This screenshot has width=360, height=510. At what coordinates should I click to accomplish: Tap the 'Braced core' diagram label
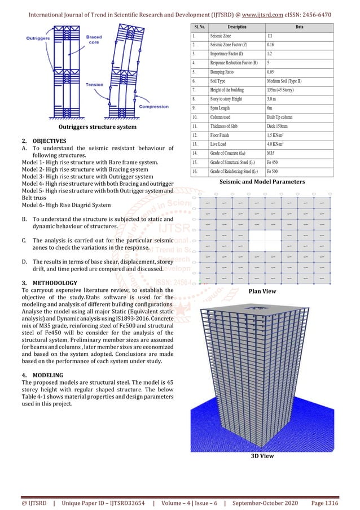coord(94,40)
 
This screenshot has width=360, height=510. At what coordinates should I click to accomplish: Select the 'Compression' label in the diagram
coord(153,106)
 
